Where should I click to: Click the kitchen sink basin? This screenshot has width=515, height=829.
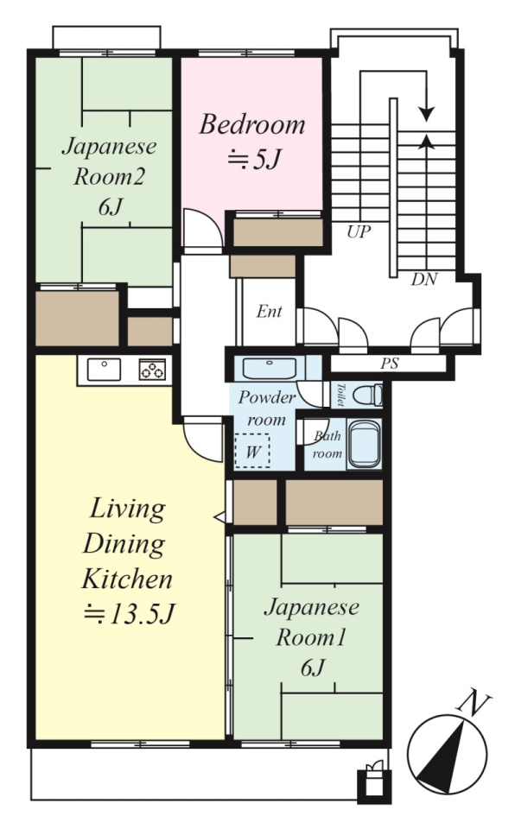tap(104, 369)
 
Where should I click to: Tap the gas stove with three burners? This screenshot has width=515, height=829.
tap(152, 369)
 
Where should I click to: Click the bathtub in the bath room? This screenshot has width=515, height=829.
tap(364, 445)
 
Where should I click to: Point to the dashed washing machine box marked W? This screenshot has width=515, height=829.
tap(252, 451)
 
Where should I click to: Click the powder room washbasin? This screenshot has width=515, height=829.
tap(270, 368)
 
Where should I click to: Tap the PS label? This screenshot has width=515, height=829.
tap(390, 364)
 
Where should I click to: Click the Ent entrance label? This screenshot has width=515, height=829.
tap(269, 312)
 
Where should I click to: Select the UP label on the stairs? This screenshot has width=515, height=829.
tap(359, 231)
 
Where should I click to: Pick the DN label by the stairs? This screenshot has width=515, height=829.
tap(424, 279)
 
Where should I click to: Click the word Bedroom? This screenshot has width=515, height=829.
tap(252, 124)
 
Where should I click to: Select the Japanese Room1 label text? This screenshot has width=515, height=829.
tap(311, 623)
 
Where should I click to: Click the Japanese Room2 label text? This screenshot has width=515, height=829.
tap(109, 161)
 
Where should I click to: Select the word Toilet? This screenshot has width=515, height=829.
tap(340, 395)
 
